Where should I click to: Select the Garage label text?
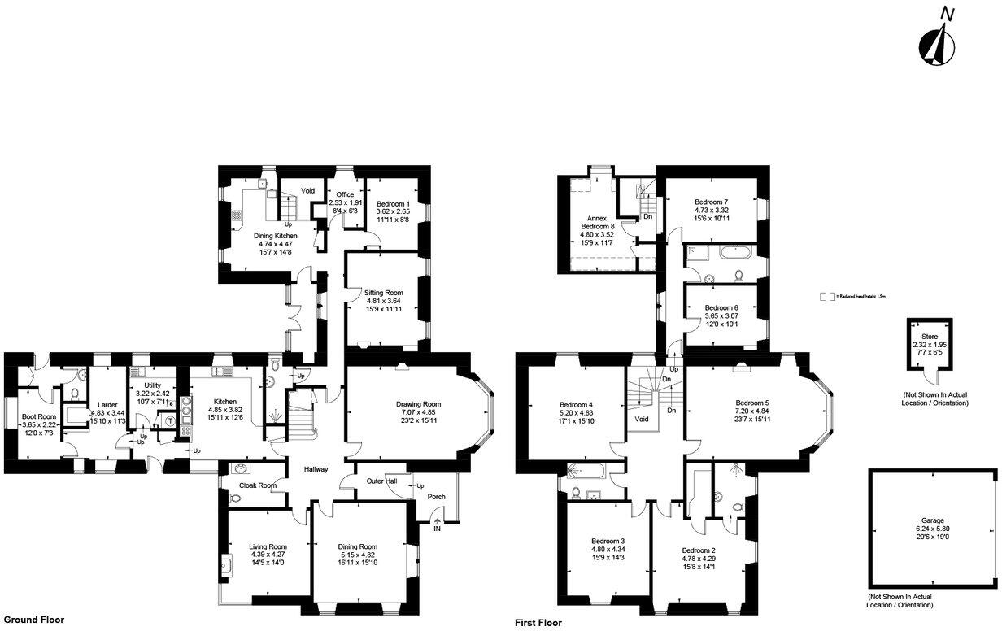tap(932, 520)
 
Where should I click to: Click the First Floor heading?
tap(538, 623)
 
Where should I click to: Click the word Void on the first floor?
tap(642, 420)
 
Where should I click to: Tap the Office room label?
tap(345, 194)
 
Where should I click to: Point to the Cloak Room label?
tap(257, 485)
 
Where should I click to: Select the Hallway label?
tap(316, 469)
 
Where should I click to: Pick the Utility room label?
tap(151, 385)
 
